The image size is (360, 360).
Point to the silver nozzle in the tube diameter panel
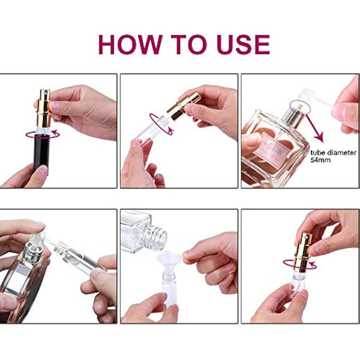295,110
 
